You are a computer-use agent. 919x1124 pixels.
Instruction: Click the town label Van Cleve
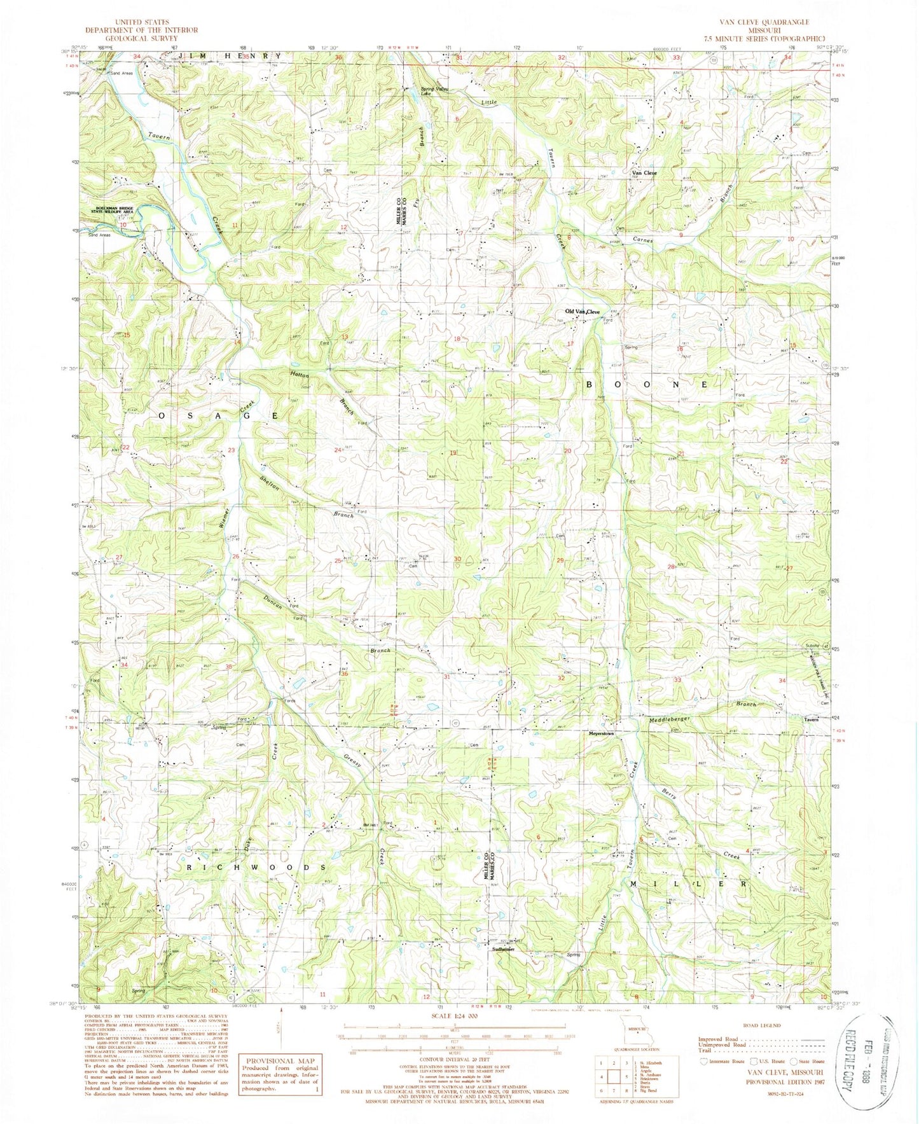click(x=643, y=173)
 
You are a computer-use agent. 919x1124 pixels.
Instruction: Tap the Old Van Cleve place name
click(x=583, y=312)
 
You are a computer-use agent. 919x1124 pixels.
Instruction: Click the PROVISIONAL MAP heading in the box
click(x=280, y=1061)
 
